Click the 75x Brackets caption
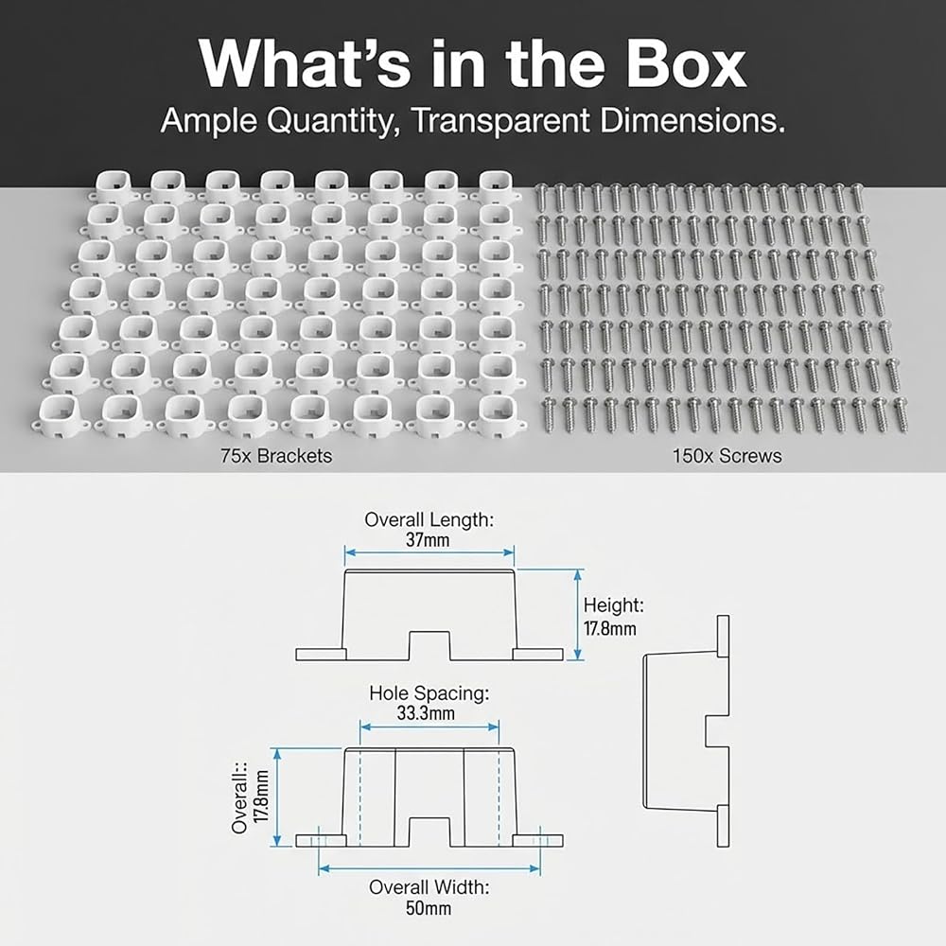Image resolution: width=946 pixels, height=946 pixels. [x=276, y=456]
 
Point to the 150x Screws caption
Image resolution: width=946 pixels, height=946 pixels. [x=727, y=456]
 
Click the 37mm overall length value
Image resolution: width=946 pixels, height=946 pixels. [x=428, y=539]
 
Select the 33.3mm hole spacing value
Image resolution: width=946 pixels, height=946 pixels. [x=426, y=713]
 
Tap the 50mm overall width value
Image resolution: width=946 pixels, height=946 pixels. [x=429, y=908]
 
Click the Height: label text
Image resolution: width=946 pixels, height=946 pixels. [x=614, y=605]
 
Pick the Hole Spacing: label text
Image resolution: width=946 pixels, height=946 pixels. [x=429, y=693]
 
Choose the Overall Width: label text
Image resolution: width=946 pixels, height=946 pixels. [x=429, y=887]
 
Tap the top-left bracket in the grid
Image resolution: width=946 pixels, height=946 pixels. [x=113, y=186]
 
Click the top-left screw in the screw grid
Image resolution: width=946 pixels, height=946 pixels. [x=541, y=198]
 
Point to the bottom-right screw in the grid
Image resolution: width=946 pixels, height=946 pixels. [x=901, y=415]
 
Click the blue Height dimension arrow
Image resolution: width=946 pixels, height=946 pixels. [x=578, y=615]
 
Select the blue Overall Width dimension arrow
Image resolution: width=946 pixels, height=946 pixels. [x=429, y=868]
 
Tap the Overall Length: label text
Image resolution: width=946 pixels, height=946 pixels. [x=429, y=519]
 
